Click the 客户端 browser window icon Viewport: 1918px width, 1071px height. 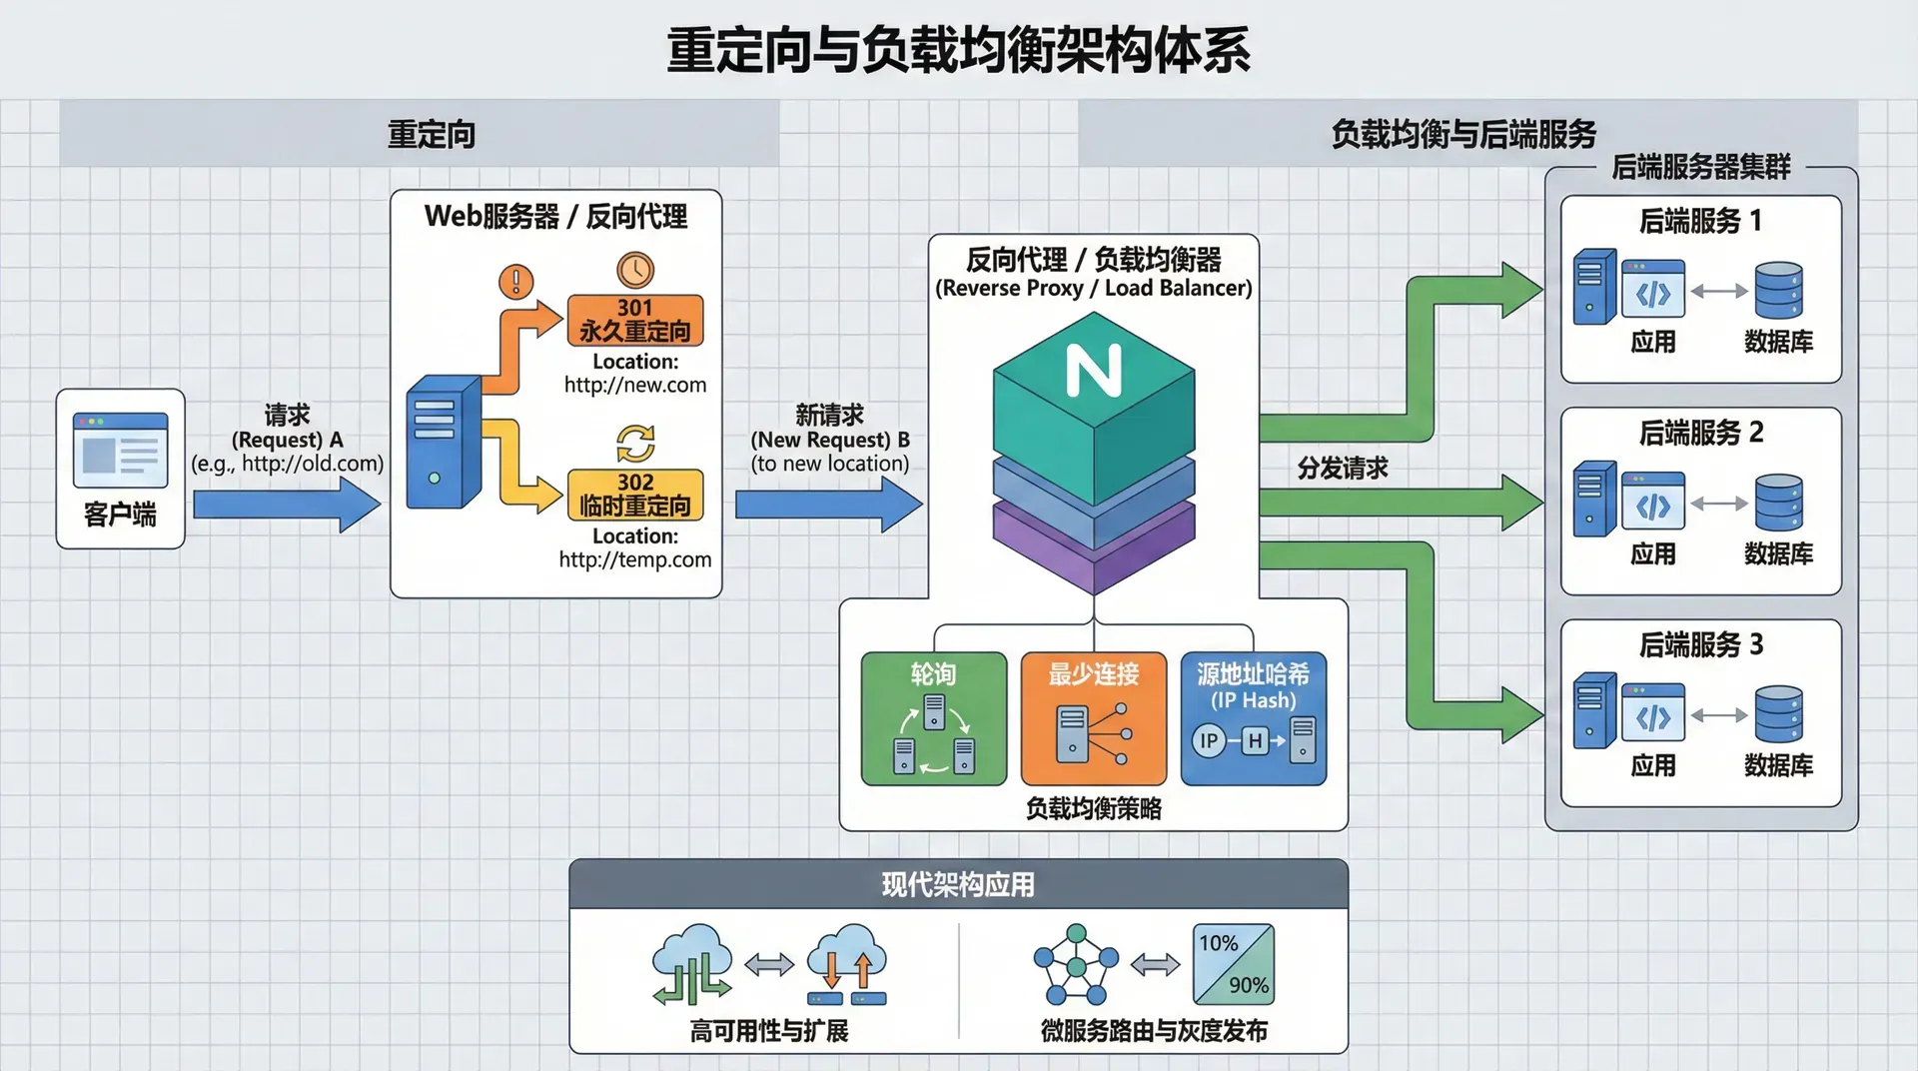[120, 450]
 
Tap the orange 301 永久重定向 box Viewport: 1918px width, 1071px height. [635, 320]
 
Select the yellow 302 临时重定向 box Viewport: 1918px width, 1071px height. [635, 495]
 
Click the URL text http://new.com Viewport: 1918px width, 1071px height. [635, 385]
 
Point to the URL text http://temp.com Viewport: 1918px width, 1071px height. [635, 559]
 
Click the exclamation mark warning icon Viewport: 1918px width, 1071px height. [516, 281]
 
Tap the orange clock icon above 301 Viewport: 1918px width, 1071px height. [635, 270]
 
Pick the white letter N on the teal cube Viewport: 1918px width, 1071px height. [1094, 371]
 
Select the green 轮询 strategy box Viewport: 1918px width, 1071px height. [934, 718]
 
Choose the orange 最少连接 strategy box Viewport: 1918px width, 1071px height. [1094, 718]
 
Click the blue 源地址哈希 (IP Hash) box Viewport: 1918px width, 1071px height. [1254, 718]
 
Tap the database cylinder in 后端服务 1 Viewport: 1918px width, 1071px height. [1779, 290]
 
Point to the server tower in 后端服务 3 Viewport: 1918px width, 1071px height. [1594, 710]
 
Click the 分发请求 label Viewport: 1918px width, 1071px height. [1343, 468]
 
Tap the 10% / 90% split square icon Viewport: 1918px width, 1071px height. [1234, 964]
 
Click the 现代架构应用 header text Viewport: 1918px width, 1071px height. [958, 884]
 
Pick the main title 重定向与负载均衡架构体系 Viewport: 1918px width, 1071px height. [958, 50]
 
